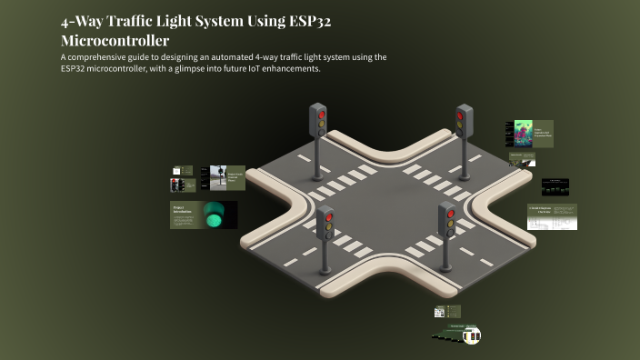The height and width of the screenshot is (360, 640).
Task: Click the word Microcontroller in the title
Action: pyautogui.click(x=115, y=41)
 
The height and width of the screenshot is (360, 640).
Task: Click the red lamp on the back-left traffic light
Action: pyautogui.click(x=317, y=112)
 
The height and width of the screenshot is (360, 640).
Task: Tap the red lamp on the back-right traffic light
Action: pyautogui.click(x=460, y=115)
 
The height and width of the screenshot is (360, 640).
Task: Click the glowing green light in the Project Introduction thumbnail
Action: pyautogui.click(x=215, y=218)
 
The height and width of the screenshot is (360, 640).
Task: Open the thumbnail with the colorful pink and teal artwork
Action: pyautogui.click(x=524, y=134)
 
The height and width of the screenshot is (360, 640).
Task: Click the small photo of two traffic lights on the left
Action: pyautogui.click(x=176, y=185)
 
